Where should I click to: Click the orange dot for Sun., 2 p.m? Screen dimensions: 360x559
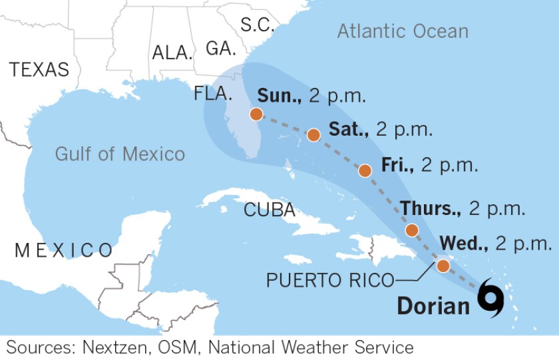[x=256, y=114]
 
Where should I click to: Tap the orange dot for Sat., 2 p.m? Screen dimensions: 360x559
[x=313, y=135]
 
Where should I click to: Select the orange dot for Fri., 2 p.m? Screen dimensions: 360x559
[x=365, y=170]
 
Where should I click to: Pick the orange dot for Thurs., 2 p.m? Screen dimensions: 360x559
[x=412, y=230]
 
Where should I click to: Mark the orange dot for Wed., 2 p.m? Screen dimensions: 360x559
[x=443, y=266]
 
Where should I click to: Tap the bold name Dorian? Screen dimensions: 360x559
[x=433, y=305]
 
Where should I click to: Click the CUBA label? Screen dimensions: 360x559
[x=270, y=210]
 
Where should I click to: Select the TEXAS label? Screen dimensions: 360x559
[x=39, y=69]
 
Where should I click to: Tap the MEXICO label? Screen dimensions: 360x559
[x=64, y=250]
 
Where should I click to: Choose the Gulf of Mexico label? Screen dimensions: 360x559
[x=120, y=154]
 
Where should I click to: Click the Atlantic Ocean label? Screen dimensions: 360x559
[x=403, y=31]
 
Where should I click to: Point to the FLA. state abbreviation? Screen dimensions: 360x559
[x=213, y=93]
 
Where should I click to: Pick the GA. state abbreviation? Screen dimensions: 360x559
[x=220, y=49]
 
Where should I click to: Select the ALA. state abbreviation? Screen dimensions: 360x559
[x=172, y=53]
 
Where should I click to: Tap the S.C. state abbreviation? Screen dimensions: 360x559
[x=258, y=25]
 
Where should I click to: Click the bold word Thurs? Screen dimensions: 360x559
[x=431, y=208]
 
